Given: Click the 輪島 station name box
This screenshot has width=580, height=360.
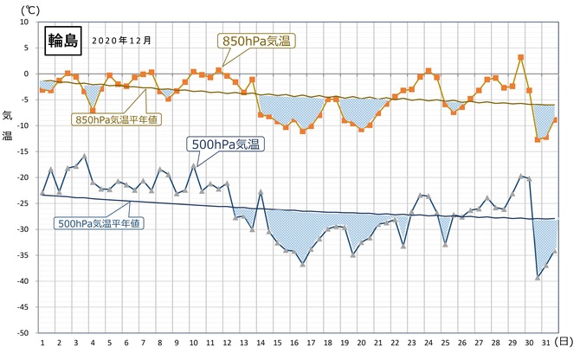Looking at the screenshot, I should click(x=62, y=40).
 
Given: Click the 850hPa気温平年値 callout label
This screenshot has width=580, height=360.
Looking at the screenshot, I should click(x=112, y=119).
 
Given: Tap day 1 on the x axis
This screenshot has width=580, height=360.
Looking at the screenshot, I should click(x=42, y=343).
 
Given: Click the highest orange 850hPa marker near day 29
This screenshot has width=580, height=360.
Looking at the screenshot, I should click(x=520, y=58).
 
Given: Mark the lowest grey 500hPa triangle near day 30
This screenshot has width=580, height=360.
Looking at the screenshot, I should click(x=538, y=277).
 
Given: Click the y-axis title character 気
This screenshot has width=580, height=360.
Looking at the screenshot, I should click(x=7, y=115).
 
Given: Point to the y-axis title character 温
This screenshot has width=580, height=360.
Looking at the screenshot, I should click(x=7, y=135).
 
